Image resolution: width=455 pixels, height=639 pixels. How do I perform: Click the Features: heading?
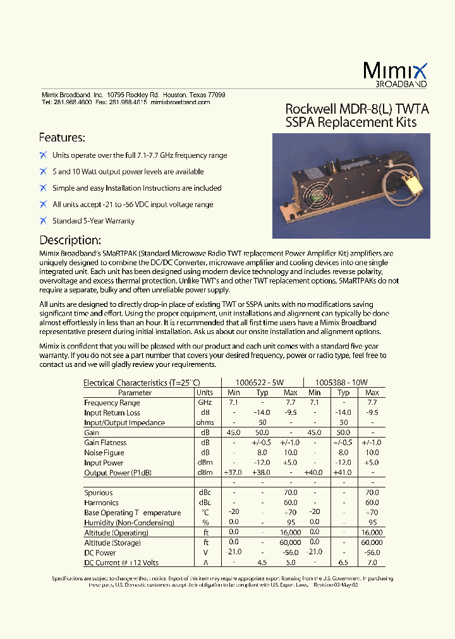(62, 138)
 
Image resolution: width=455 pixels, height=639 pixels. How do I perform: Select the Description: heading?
(70, 241)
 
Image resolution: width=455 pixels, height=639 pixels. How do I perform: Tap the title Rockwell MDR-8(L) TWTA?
(357, 109)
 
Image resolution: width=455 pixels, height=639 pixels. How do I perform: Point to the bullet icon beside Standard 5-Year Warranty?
(43, 220)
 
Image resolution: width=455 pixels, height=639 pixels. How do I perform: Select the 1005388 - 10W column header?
(341, 382)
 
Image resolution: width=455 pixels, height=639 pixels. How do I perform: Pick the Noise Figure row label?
(104, 453)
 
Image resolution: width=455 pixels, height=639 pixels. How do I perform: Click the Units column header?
(205, 392)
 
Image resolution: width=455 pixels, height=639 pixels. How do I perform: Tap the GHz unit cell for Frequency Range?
(205, 402)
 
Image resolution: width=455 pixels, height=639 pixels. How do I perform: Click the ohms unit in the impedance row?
(205, 422)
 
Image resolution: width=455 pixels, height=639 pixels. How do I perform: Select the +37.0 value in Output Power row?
(233, 472)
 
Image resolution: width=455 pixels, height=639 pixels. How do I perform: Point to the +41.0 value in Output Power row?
(343, 472)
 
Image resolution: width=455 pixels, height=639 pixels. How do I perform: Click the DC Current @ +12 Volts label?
(121, 563)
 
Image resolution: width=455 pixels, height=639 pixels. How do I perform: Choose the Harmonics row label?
(101, 503)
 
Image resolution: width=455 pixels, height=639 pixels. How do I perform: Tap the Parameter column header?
(135, 392)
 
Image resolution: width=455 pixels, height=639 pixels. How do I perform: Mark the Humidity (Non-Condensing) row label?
(129, 523)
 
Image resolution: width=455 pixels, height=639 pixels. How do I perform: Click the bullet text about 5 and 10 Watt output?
(128, 172)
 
